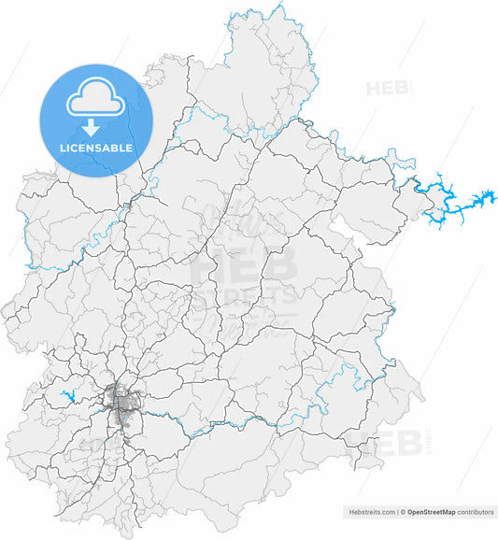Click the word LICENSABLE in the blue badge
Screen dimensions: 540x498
click(x=95, y=148)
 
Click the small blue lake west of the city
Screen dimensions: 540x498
click(x=68, y=396)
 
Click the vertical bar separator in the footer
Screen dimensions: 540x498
click(x=396, y=512)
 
